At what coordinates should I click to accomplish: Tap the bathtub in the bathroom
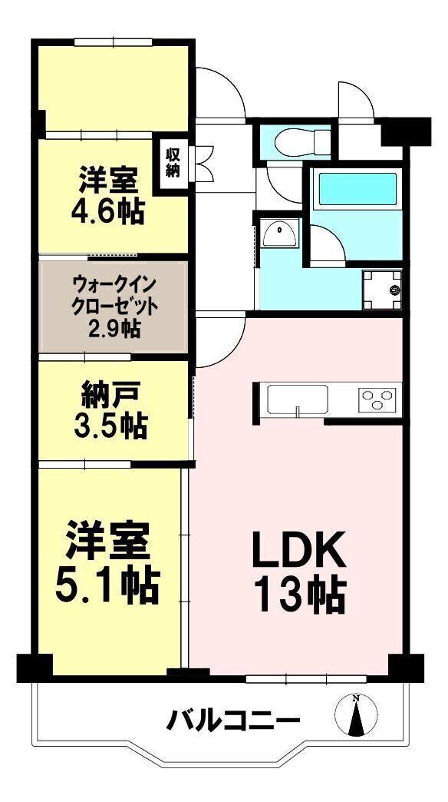pos(357,191)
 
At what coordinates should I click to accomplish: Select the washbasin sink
pos(279,234)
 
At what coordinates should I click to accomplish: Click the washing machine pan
pos(382,290)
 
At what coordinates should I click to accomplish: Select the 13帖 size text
pos(300,595)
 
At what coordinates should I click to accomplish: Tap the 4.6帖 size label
pos(107,210)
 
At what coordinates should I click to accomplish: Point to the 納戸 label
pos(110,396)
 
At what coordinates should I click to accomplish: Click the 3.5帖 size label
pos(110,426)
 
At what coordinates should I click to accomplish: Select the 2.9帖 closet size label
pos(114,329)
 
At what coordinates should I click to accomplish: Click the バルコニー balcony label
pos(233,721)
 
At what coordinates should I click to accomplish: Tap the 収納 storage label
pos(173,162)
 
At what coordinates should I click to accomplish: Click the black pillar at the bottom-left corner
pos(35,668)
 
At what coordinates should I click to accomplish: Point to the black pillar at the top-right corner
pos(406,131)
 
